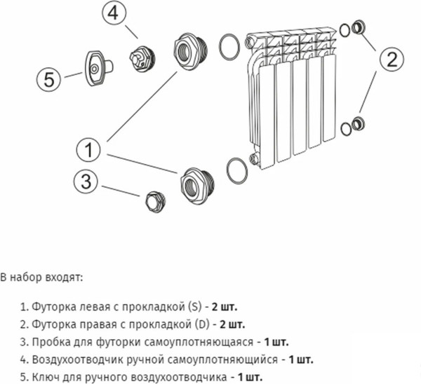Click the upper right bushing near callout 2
[358, 29]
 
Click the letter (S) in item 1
[194, 307]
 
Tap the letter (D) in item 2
[200, 324]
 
